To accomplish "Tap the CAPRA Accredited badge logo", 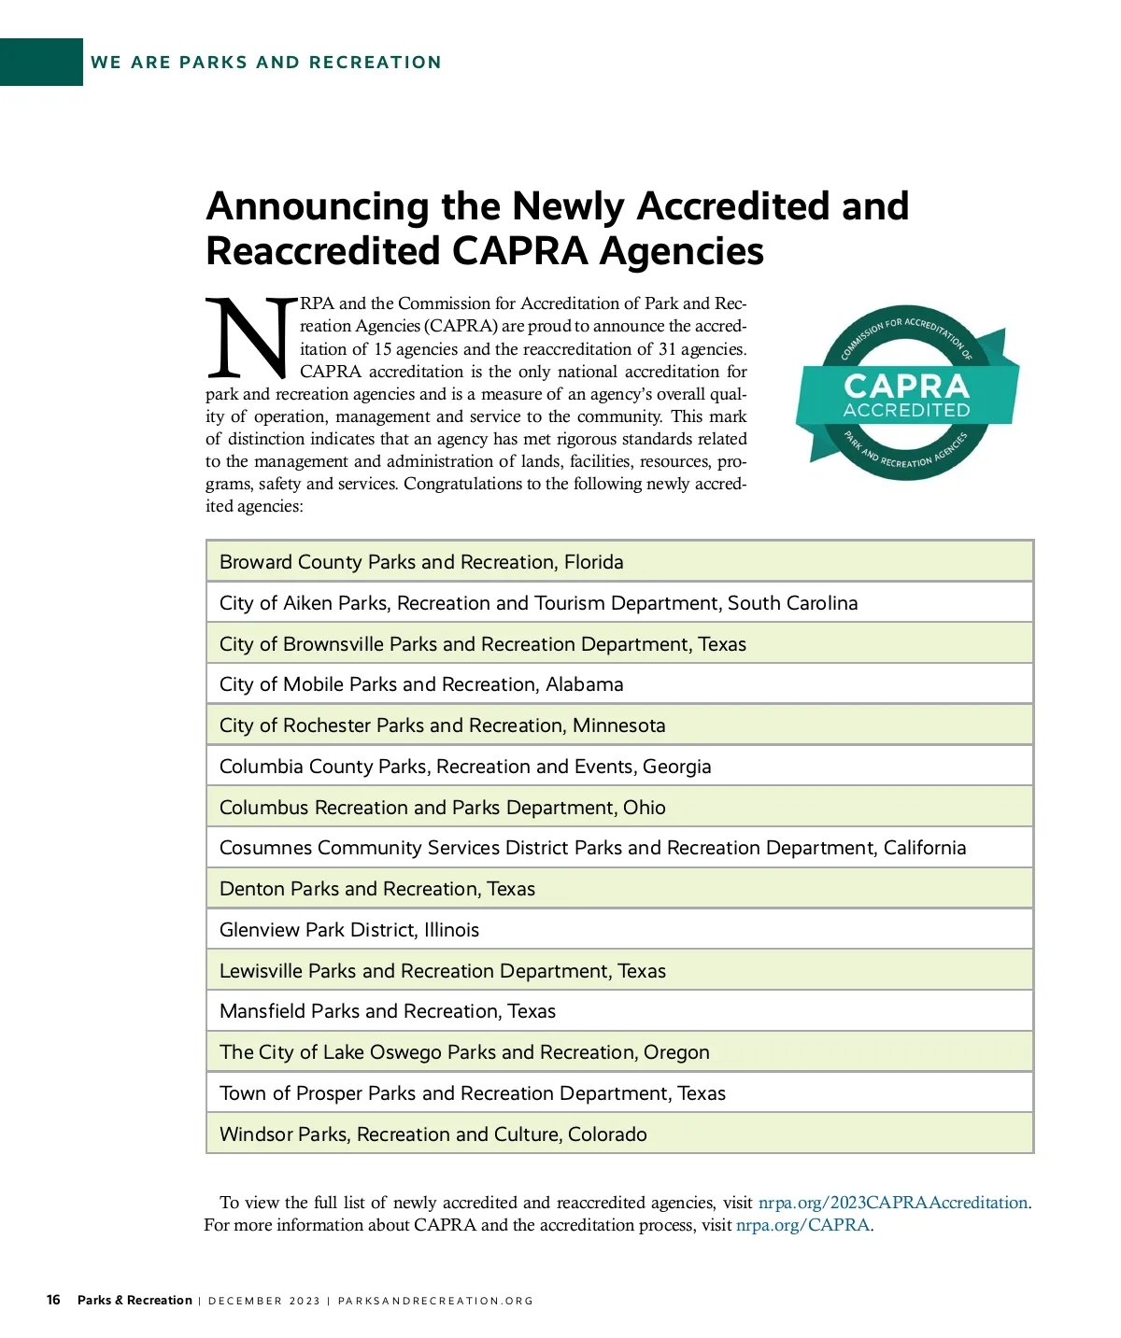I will pyautogui.click(x=906, y=393).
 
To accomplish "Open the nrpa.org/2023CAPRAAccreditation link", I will pyautogui.click(x=893, y=1203).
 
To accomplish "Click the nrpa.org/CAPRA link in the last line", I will pyautogui.click(x=803, y=1225).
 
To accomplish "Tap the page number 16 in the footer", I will pyautogui.click(x=53, y=1300).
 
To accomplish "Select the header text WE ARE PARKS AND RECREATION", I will pyautogui.click(x=266, y=63).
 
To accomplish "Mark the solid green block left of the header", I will pyautogui.click(x=41, y=63).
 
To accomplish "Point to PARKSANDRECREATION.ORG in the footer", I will pyautogui.click(x=435, y=1301).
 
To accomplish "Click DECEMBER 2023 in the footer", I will pyautogui.click(x=264, y=1301).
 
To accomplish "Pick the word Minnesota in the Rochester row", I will pyautogui.click(x=619, y=725).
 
